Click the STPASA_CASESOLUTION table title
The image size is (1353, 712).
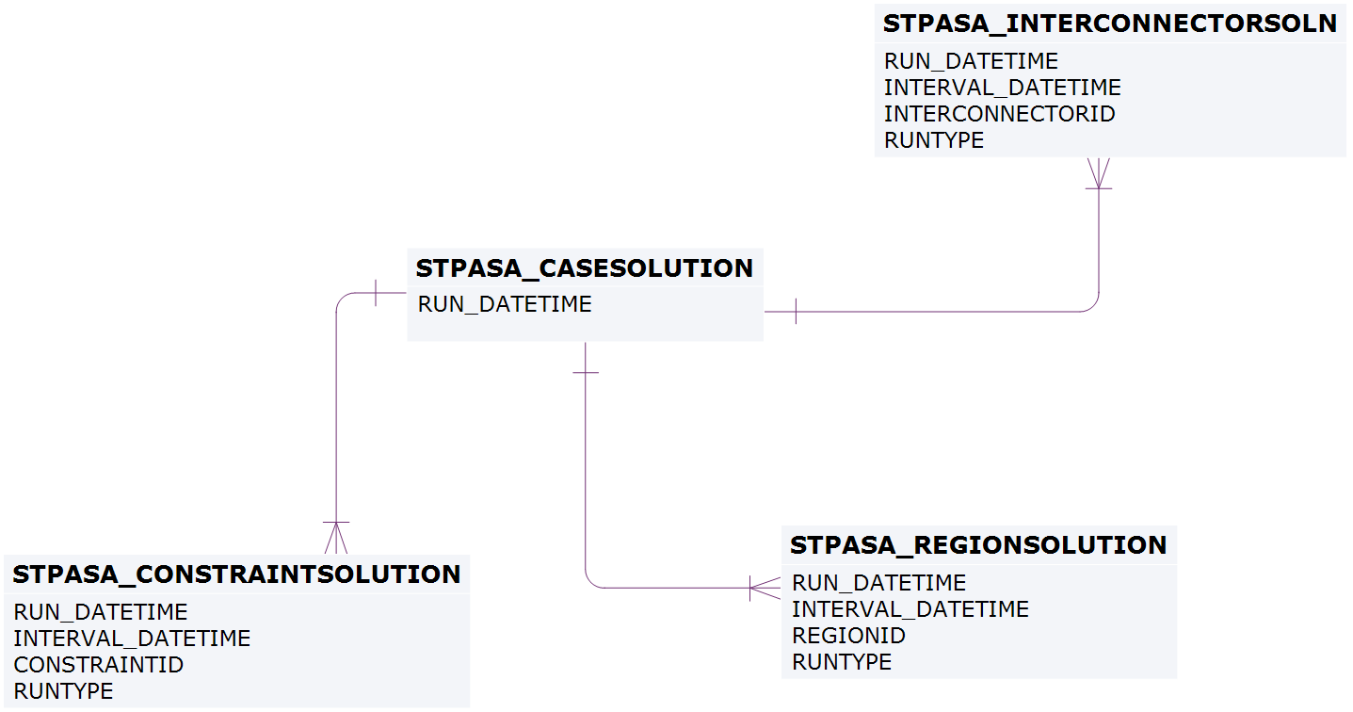pyautogui.click(x=584, y=268)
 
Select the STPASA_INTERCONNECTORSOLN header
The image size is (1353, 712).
pyautogui.click(x=1110, y=24)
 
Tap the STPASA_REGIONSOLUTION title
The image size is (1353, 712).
pyautogui.click(x=978, y=545)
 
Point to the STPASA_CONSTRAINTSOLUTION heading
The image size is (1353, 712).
pyautogui.click(x=236, y=574)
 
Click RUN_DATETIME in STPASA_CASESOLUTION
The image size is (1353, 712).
pyautogui.click(x=505, y=304)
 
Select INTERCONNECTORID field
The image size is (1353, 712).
pyautogui.click(x=999, y=114)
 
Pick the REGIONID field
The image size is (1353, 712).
pyautogui.click(x=848, y=636)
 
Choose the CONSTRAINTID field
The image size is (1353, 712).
pyautogui.click(x=98, y=665)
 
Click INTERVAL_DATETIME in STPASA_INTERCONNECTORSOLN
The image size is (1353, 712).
pyautogui.click(x=1002, y=88)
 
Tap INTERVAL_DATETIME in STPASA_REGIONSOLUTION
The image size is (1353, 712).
pyautogui.click(x=910, y=609)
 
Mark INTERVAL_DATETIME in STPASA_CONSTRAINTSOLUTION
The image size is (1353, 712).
pyautogui.click(x=132, y=639)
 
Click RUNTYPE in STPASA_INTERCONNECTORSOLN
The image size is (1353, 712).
pyautogui.click(x=934, y=140)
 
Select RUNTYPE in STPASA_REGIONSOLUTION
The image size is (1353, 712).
pyautogui.click(x=842, y=662)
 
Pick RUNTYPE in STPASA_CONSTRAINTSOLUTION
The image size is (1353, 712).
pyautogui.click(x=63, y=691)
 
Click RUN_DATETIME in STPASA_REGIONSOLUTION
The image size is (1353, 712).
pyautogui.click(x=878, y=583)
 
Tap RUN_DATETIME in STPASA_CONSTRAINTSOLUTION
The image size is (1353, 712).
pyautogui.click(x=101, y=612)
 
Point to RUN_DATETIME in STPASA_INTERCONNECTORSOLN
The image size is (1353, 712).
pyautogui.click(x=971, y=61)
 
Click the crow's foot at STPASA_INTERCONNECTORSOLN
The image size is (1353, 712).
pyautogui.click(x=1099, y=173)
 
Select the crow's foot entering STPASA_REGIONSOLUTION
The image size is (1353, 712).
pyautogui.click(x=764, y=588)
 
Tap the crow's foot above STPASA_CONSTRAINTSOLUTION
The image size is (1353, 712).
pyautogui.click(x=336, y=538)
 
